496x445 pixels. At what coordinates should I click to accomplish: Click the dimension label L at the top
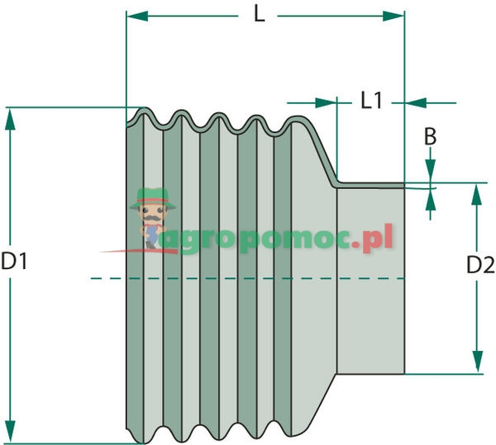(259, 14)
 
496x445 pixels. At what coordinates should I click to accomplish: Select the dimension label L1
(371, 102)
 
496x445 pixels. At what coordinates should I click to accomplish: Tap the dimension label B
(430, 137)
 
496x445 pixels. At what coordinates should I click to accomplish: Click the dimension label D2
(480, 265)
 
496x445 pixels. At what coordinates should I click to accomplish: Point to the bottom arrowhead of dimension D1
(10, 433)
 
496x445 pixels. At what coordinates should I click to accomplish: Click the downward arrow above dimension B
(430, 172)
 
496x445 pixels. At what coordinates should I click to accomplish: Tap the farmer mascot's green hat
(152, 196)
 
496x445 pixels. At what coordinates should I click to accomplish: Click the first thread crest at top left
(146, 111)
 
